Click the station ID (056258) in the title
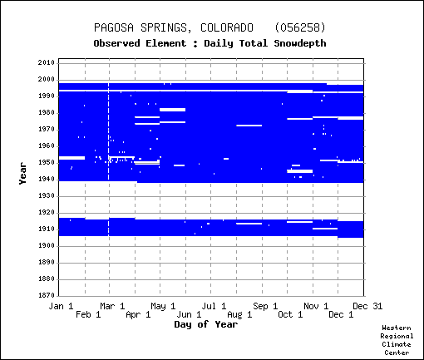[300, 27]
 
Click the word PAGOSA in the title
[114, 27]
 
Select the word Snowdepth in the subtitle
[300, 43]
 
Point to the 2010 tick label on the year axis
[47, 62]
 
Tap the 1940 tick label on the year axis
[47, 180]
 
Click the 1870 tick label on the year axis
[47, 295]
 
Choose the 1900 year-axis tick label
[47, 246]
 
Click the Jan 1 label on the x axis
[61, 306]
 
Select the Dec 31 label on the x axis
[367, 306]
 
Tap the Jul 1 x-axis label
[214, 306]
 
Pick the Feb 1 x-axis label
[88, 314]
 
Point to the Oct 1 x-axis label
[290, 314]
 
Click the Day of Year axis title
[206, 324]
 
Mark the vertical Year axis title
[22, 174]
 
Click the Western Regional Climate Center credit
[397, 340]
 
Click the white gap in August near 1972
[249, 126]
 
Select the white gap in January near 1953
[71, 158]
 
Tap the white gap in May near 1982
[173, 110]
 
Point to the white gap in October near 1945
[300, 171]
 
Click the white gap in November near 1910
[325, 229]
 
